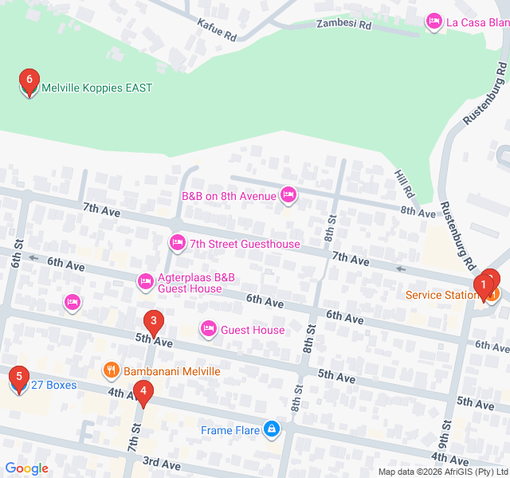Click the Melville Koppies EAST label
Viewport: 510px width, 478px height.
point(96,88)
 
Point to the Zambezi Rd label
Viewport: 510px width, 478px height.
point(343,25)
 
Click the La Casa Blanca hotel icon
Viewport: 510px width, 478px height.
point(434,21)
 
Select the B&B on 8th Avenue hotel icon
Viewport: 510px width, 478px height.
point(288,194)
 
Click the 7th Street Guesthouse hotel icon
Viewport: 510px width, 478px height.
point(177,241)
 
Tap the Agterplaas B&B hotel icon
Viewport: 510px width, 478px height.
point(145,280)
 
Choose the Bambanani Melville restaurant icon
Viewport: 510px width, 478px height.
point(111,370)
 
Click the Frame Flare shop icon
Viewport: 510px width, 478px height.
point(273,429)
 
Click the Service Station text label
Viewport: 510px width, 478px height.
point(441,295)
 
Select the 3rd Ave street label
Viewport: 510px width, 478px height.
point(161,463)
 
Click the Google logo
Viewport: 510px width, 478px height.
point(26,468)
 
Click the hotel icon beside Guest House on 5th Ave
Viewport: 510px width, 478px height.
point(209,328)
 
